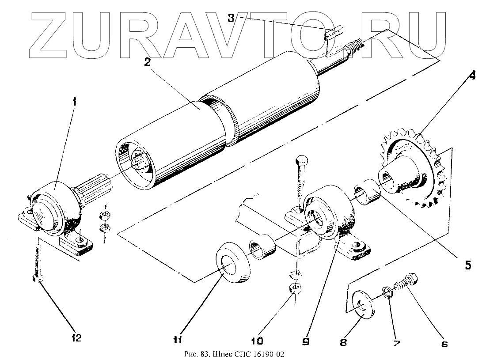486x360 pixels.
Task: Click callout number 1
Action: (x=74, y=102)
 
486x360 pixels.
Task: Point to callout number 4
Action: (x=472, y=76)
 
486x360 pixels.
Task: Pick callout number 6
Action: (x=444, y=344)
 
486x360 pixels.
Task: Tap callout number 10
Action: (x=257, y=341)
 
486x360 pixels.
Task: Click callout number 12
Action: (x=76, y=338)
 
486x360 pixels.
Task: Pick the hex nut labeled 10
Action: (x=295, y=289)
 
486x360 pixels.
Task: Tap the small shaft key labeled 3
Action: (x=332, y=34)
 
